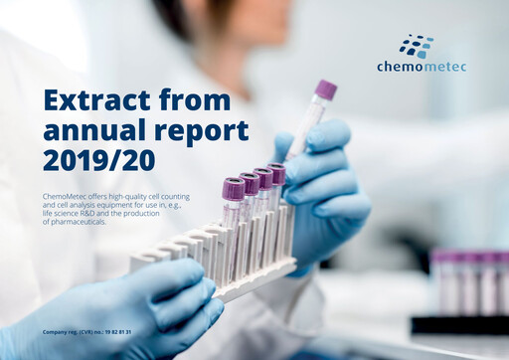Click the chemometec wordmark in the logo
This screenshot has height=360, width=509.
pos(422,67)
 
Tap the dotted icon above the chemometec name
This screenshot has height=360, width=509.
pos(418,46)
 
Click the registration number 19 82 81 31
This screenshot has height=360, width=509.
pos(115,331)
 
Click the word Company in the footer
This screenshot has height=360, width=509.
pos(55,331)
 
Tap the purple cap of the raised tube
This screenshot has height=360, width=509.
pos(326,90)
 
